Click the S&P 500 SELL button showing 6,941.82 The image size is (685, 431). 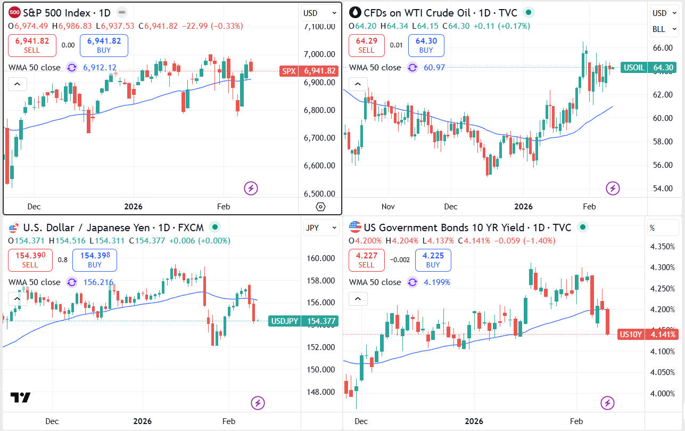32,45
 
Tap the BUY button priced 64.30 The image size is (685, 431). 426,45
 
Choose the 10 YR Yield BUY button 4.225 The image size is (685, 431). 433,260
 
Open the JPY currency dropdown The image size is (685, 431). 321,228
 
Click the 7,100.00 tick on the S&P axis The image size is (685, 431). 319,27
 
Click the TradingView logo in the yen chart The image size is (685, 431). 20,397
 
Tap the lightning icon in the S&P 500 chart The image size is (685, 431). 251,188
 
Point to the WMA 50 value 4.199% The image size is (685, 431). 437,282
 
